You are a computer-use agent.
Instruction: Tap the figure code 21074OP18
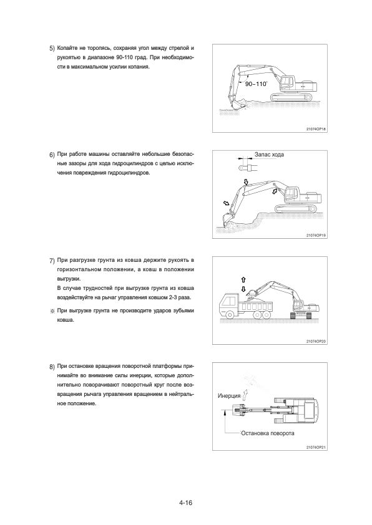point(316,128)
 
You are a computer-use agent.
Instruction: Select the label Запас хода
point(269,155)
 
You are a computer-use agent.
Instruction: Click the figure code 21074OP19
point(316,236)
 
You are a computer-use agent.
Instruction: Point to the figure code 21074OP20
point(316,342)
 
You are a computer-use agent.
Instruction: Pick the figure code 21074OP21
point(316,447)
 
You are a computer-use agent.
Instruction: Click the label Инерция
point(229,396)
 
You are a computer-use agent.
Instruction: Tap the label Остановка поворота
point(268,433)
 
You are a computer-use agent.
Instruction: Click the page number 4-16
point(185,502)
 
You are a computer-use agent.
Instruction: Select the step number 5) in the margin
point(52,49)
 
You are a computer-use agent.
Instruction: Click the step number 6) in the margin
point(52,155)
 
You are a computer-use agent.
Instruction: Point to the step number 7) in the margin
point(52,261)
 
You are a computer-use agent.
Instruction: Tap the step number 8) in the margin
point(52,367)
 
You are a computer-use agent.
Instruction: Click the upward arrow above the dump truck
point(243,280)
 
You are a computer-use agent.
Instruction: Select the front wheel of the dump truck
point(230,315)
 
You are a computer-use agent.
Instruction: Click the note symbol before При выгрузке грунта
point(52,311)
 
